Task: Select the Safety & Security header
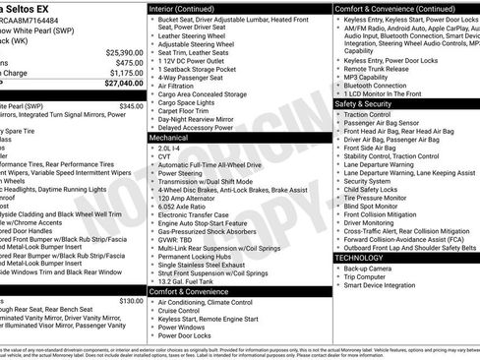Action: pyautogui.click(x=363, y=102)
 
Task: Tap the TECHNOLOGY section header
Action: pyautogui.click(x=358, y=257)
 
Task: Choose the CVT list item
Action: pyautogui.click(x=164, y=155)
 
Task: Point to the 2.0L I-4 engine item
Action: pyautogui.click(x=170, y=147)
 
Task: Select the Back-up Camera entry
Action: pyautogui.click(x=367, y=268)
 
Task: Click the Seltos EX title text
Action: pyautogui.click(x=30, y=9)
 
